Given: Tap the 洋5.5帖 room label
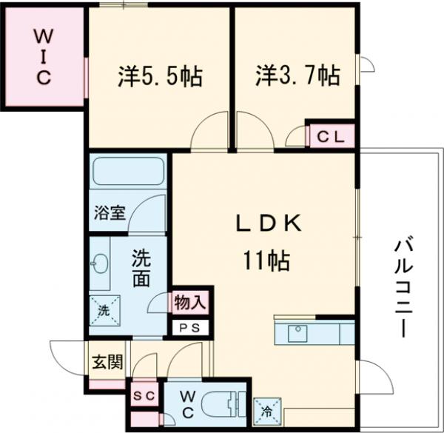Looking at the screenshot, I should pos(160,75).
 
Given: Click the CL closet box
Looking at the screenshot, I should pos(330,136).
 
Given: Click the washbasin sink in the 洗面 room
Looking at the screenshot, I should pos(101,262).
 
